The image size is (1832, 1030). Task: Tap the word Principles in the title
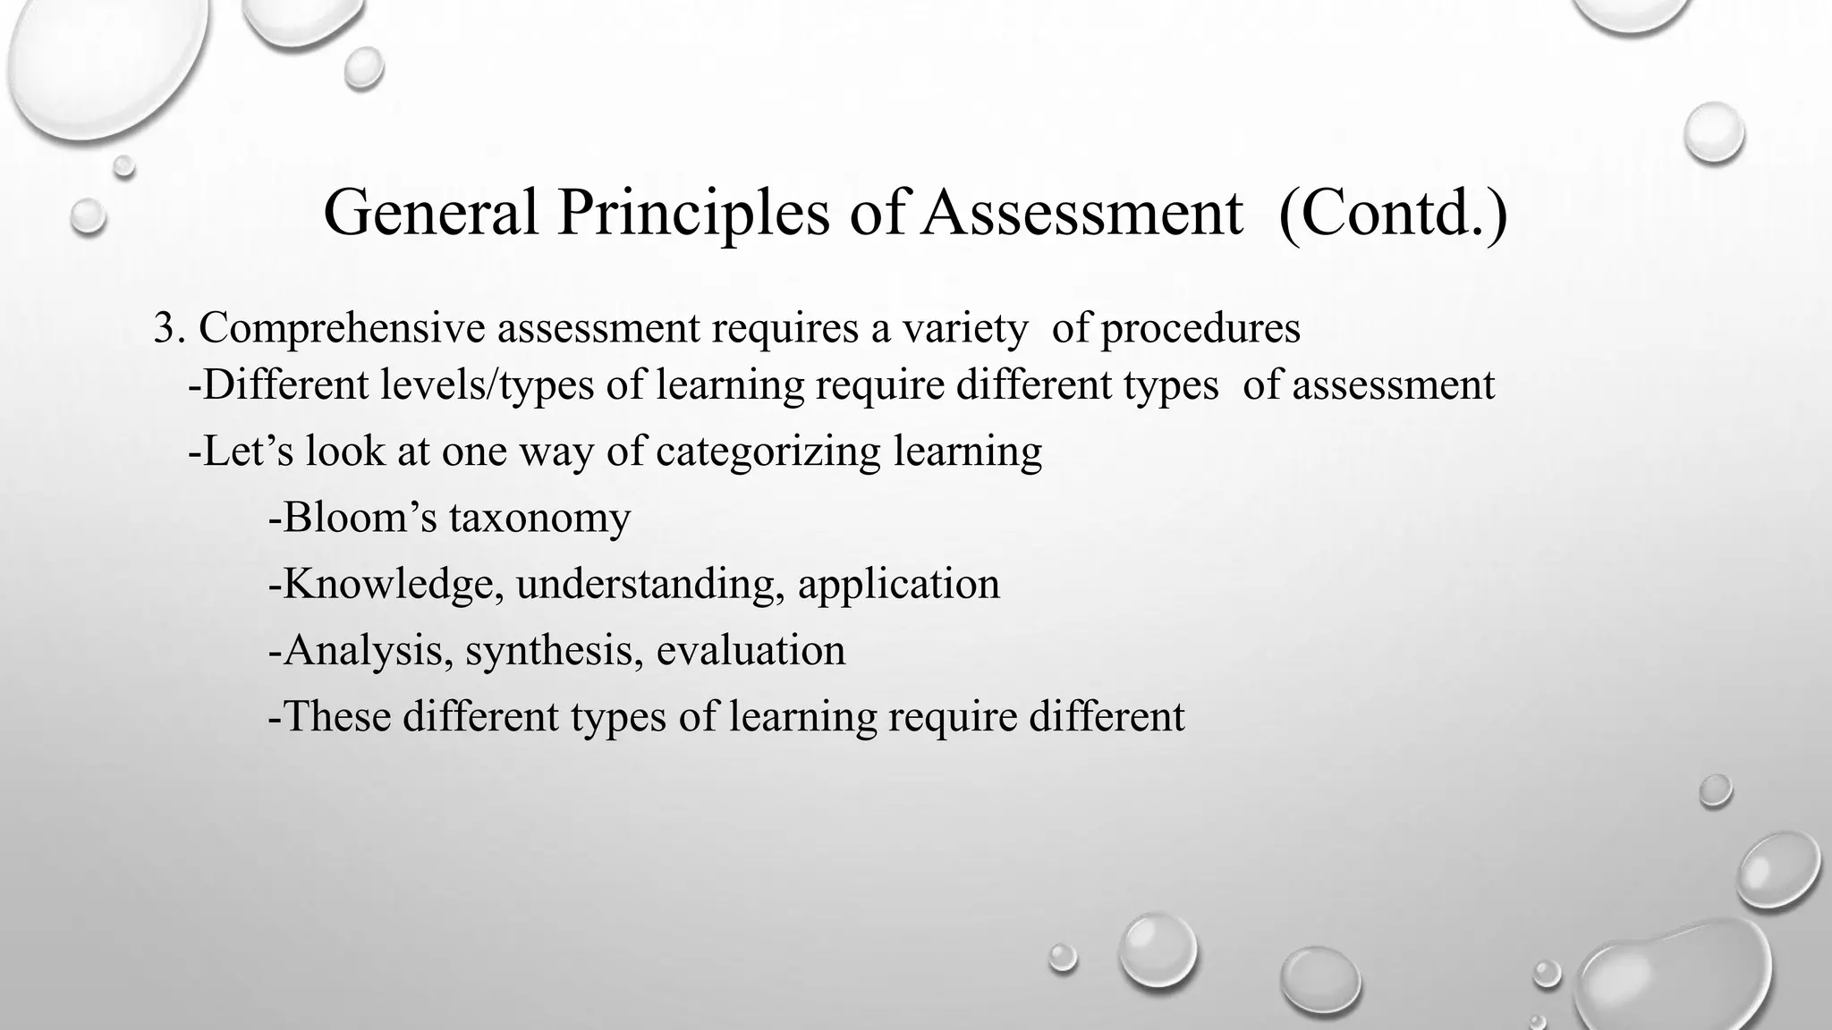692,215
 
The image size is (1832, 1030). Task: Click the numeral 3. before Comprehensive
169,328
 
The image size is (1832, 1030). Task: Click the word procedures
1200,329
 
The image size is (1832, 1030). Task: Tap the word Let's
241,451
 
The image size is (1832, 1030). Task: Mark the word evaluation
751,650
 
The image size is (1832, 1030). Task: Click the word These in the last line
335,716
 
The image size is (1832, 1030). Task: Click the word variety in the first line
965,329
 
